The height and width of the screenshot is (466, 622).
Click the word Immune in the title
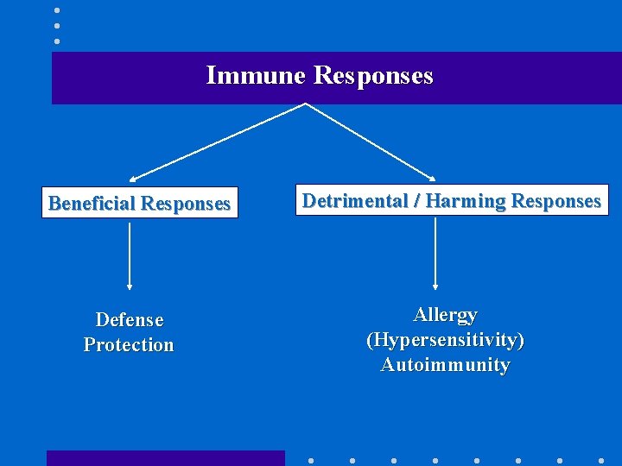click(256, 76)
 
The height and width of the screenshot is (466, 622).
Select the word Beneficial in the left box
click(92, 204)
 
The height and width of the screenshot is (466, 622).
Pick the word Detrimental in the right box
click(354, 201)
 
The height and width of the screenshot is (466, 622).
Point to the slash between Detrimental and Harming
click(416, 201)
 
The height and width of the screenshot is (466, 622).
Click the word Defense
click(130, 320)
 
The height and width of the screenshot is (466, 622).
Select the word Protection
click(129, 345)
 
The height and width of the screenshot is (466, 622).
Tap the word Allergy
click(445, 315)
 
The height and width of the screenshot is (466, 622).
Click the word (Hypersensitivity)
click(445, 340)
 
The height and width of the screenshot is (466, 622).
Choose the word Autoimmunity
click(445, 365)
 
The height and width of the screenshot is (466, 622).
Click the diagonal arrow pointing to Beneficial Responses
click(216, 142)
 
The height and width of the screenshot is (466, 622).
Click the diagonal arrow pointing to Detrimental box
click(371, 142)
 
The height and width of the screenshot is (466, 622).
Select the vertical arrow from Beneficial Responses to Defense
click(130, 255)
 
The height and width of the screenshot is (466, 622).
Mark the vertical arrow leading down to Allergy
click(435, 252)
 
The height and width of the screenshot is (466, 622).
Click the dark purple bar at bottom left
click(165, 458)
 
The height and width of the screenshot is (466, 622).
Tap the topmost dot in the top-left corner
click(57, 10)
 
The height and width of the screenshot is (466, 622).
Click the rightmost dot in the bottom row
click(601, 460)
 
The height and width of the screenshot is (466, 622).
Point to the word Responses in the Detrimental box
click(555, 201)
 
